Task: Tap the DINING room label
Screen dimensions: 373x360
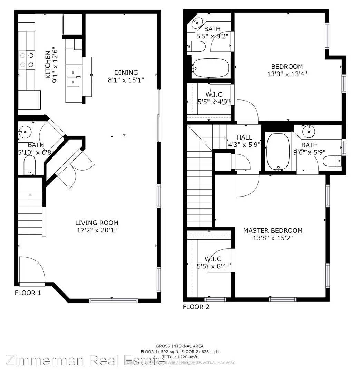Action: pos(126,73)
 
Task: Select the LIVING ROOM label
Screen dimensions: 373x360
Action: pos(97,223)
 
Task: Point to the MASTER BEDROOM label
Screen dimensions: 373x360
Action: pos(273,230)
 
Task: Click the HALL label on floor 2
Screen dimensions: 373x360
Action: pos(244,137)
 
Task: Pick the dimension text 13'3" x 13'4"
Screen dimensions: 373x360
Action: pos(287,74)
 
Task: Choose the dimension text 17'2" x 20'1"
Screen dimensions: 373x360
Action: pos(97,230)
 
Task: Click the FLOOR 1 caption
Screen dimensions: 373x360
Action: pos(28,293)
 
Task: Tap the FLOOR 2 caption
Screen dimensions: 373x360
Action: pos(196,307)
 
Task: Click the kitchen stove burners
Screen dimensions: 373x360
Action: pos(27,59)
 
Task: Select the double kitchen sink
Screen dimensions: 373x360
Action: pos(74,77)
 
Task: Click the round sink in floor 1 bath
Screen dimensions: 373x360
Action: pos(25,132)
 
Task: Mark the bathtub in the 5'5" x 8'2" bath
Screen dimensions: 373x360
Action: pos(210,67)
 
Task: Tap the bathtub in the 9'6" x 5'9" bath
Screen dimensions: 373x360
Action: pos(278,151)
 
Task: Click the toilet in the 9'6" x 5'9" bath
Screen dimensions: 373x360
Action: pos(334,160)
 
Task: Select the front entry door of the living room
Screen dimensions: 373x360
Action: pos(32,271)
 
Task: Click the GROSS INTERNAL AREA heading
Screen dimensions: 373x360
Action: pos(180,346)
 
